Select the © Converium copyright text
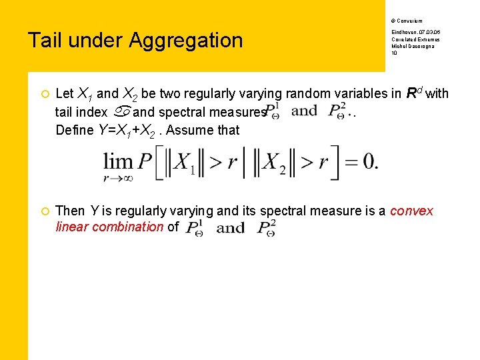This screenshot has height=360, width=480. click(407, 21)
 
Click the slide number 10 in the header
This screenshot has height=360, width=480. click(395, 53)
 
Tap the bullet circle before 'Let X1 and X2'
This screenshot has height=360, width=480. click(43, 94)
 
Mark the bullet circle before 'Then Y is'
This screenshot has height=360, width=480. click(43, 211)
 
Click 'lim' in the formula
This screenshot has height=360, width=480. click(117, 161)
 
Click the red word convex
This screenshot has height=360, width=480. click(411, 211)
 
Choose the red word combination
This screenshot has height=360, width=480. click(127, 227)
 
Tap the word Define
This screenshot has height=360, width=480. click(75, 130)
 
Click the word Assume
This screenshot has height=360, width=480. click(191, 130)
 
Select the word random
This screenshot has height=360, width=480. click(312, 93)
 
